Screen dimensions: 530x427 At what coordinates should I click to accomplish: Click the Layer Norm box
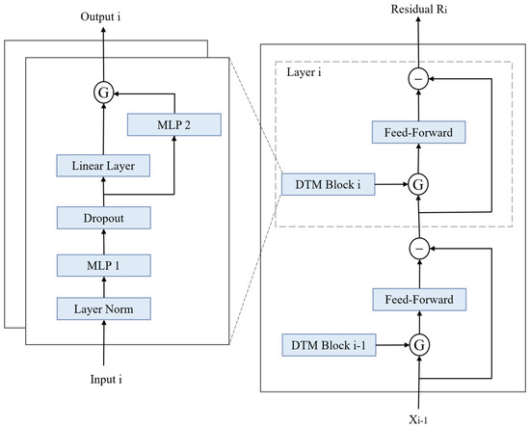104,308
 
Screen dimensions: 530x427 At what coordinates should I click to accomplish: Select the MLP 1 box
104,265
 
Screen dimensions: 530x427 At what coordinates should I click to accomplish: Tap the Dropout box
104,218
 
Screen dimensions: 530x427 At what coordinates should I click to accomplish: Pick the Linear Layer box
103,166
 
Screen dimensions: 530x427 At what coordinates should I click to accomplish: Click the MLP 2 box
174,124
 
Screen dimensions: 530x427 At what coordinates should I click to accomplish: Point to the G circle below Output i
103,93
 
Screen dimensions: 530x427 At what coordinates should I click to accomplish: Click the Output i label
100,16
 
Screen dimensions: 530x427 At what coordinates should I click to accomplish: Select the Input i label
106,380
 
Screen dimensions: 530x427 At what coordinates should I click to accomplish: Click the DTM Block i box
329,185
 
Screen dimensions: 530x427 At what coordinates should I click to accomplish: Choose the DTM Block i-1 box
329,345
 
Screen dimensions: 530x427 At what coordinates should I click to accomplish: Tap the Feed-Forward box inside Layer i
419,132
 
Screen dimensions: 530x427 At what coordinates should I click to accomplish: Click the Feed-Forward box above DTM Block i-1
419,300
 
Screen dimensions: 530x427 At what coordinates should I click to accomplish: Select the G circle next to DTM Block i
418,185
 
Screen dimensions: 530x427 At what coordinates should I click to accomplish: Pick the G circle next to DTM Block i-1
419,345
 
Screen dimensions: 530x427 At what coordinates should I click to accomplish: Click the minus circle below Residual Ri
418,79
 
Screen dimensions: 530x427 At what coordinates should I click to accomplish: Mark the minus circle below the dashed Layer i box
419,249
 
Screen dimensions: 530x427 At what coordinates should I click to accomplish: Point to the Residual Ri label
419,9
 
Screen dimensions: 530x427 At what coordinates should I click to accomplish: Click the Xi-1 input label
418,420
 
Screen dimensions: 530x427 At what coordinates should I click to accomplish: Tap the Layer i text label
304,72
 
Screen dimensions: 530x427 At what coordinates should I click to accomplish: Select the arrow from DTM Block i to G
392,185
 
